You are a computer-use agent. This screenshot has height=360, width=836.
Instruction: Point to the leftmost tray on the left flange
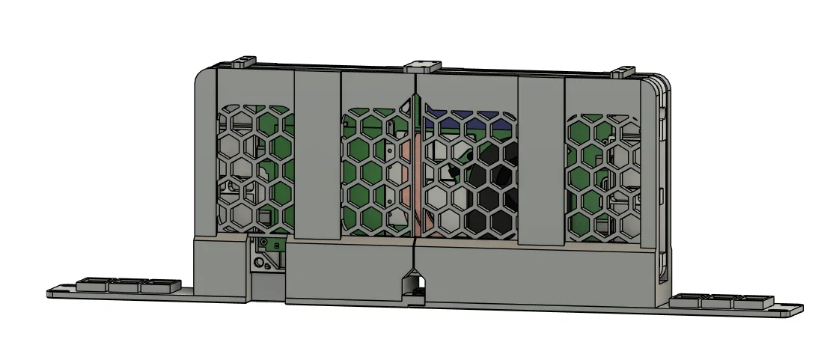click(x=94, y=284)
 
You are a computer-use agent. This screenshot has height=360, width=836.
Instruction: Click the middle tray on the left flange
click(x=126, y=284)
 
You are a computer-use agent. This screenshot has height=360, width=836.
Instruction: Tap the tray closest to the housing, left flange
click(x=159, y=284)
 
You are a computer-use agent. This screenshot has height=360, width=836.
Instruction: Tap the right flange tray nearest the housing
click(x=686, y=301)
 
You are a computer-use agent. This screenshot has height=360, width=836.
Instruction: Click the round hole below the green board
click(x=259, y=263)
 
